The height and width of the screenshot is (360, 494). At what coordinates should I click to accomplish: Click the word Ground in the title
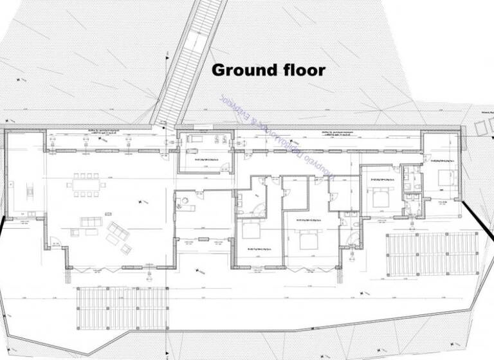coord(240,69)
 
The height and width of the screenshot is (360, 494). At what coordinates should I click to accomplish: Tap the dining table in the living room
coord(87,185)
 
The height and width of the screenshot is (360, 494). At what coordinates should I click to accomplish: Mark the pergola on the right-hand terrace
coord(432,253)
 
